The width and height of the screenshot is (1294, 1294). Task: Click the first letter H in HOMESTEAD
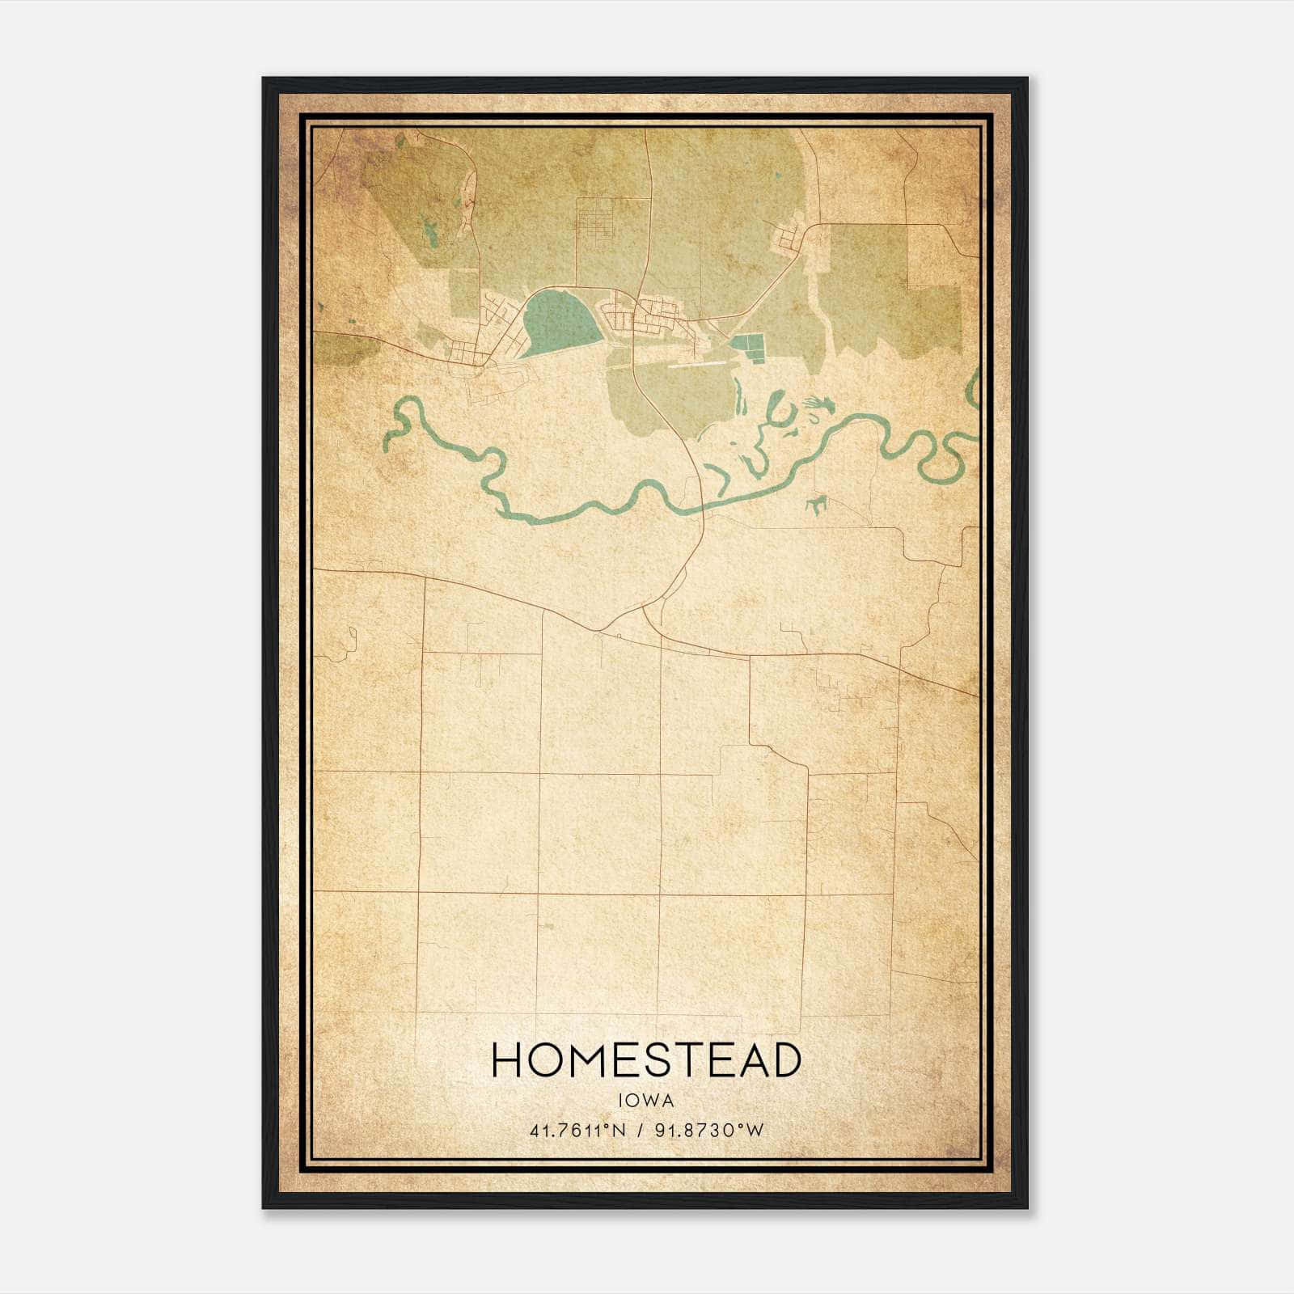tap(507, 1060)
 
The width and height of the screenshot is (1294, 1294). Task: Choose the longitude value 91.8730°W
tap(709, 1131)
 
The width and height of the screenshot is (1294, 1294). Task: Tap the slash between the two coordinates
tap(641, 1131)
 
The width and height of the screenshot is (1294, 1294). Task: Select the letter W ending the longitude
tap(756, 1131)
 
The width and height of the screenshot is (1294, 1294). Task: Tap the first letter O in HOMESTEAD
tap(543, 1060)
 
